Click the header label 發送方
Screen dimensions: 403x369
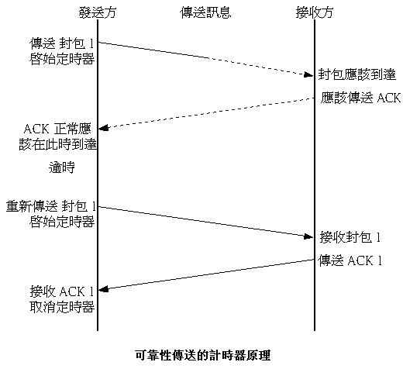(98, 12)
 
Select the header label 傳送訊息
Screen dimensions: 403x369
(205, 12)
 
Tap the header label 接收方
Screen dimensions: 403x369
(315, 12)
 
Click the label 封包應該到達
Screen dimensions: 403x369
(356, 74)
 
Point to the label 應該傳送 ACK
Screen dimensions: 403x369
(360, 98)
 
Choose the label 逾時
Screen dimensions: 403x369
(62, 167)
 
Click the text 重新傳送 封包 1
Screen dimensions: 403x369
(51, 206)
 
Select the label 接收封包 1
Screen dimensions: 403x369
(350, 237)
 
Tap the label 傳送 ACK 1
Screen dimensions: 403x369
(350, 260)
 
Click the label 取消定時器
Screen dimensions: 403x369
(62, 307)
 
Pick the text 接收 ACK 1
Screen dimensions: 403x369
(61, 291)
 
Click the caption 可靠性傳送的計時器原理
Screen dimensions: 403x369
(203, 355)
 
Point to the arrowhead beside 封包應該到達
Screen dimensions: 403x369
(308, 75)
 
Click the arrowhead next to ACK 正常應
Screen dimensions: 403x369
(104, 128)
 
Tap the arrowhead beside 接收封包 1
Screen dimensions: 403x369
(308, 236)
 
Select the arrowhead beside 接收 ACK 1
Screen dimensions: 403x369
(104, 289)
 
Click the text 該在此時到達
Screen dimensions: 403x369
(58, 144)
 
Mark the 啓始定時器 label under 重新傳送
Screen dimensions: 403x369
(62, 222)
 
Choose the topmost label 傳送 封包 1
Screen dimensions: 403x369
(61, 43)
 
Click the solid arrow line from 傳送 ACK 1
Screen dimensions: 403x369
(206, 274)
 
